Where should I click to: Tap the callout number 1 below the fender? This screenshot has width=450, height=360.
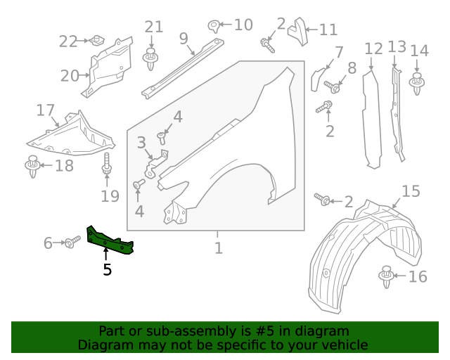(x=219, y=248)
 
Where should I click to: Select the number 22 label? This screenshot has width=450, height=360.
(x=68, y=41)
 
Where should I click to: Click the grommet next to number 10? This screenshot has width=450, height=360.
(x=213, y=27)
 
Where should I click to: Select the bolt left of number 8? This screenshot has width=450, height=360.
(x=333, y=87)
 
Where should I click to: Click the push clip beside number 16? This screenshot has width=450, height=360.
(x=385, y=277)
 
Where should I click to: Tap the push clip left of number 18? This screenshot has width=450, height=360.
(x=32, y=167)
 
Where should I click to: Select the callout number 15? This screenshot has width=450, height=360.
(x=411, y=191)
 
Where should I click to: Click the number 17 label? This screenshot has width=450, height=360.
(x=46, y=110)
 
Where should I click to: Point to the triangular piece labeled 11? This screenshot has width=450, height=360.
(x=299, y=31)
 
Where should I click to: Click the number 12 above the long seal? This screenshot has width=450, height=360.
(x=373, y=49)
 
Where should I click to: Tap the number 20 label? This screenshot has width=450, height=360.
(x=70, y=75)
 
